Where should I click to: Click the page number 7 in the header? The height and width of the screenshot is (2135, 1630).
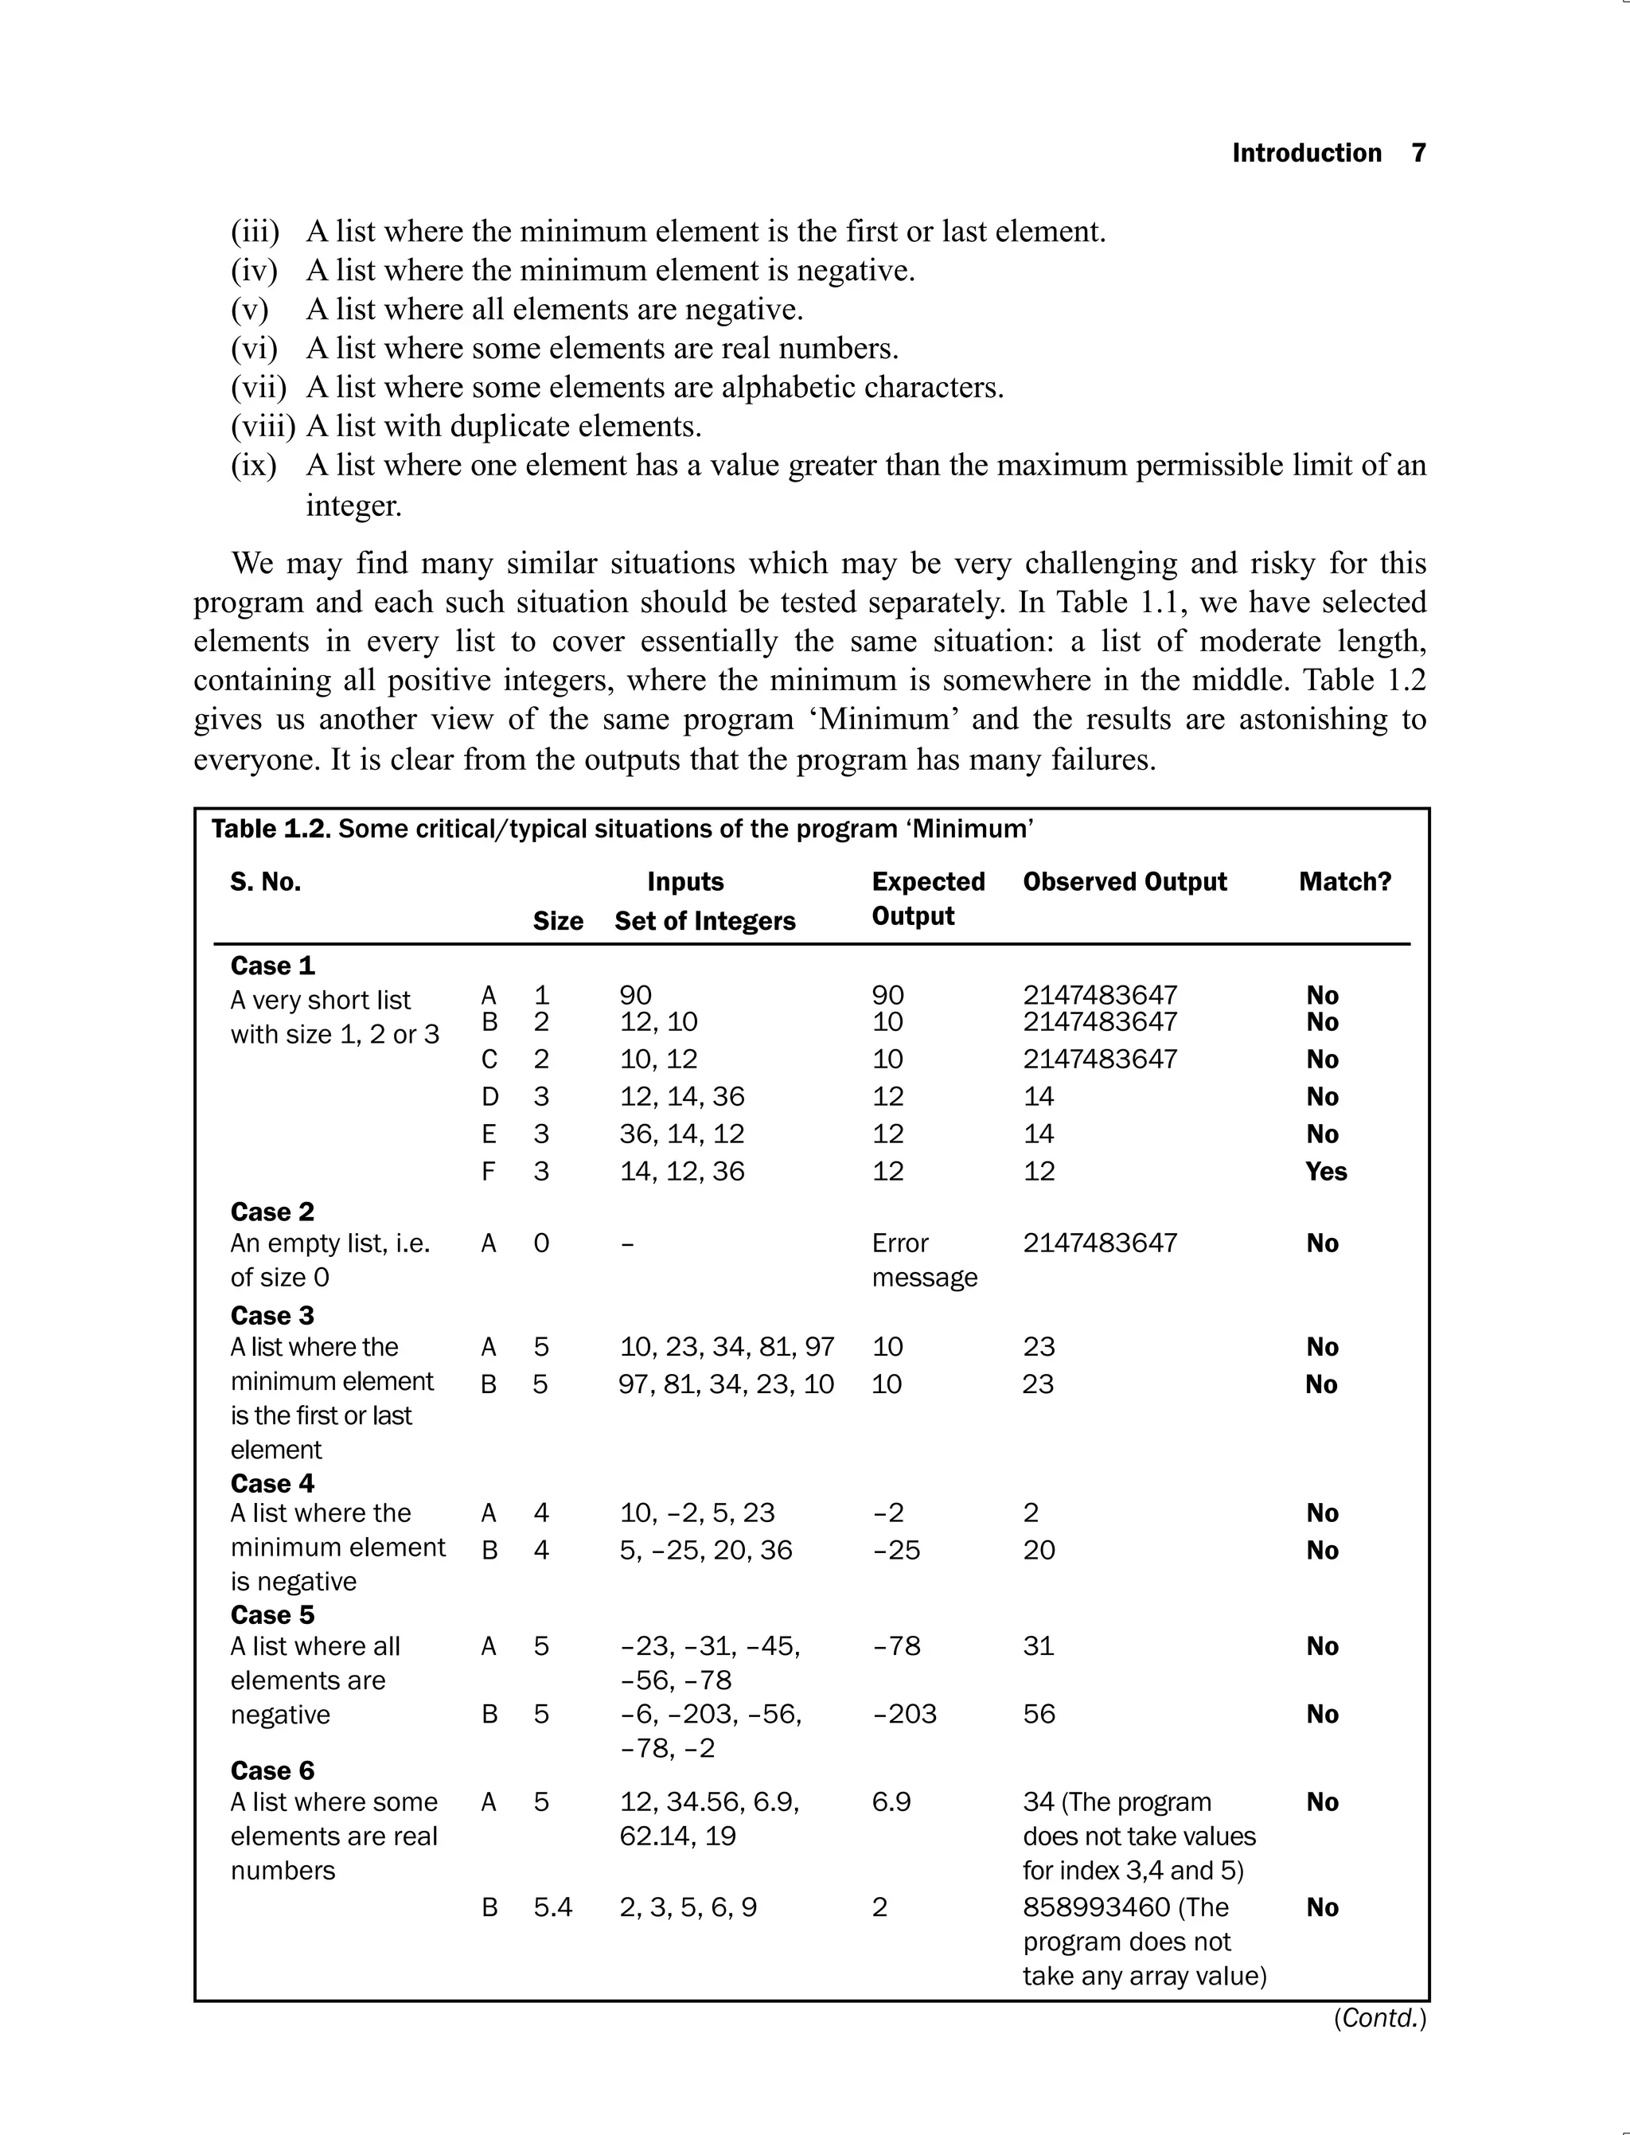coord(1417,154)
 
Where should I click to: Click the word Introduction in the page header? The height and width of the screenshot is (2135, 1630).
coord(1306,154)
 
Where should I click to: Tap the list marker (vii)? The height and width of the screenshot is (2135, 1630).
coord(258,387)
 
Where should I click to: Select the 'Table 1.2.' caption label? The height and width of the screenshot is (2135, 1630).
coord(271,829)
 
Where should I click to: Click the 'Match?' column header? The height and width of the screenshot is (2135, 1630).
coord(1345,881)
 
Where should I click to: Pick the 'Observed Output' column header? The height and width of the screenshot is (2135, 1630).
coord(1124,881)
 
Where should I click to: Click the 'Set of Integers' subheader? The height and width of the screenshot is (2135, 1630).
coord(704,921)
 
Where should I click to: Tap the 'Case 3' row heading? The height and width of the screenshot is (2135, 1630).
coord(273,1315)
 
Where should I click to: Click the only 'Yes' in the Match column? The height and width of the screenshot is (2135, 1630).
coord(1325,1171)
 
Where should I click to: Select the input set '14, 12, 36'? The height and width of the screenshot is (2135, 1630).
coord(682,1171)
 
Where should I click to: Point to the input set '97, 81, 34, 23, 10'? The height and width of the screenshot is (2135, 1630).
coord(726,1384)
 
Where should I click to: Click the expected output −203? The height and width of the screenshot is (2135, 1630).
coord(904,1714)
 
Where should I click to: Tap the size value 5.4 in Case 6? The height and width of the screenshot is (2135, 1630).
coord(552,1907)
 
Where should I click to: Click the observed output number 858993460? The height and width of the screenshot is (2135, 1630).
coord(1095,1907)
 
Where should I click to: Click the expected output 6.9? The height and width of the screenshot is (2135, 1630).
coord(891,1802)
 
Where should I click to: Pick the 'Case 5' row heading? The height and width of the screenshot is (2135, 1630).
coord(273,1615)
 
